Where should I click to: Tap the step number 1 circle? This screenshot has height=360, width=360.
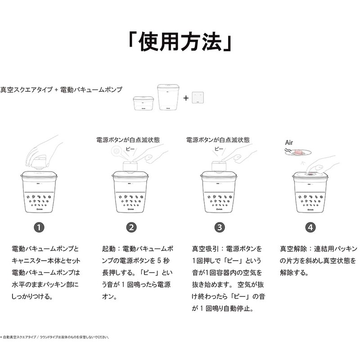40,228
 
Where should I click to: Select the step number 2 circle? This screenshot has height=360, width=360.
131,228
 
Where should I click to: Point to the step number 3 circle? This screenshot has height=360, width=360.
219,228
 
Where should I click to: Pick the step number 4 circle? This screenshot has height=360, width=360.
310,228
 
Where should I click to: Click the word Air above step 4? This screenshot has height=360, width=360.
289,142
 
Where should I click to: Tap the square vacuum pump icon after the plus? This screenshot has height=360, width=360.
198,98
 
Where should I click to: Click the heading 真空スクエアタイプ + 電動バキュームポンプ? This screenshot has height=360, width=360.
61,90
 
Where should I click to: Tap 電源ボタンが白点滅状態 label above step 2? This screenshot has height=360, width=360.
128,140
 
